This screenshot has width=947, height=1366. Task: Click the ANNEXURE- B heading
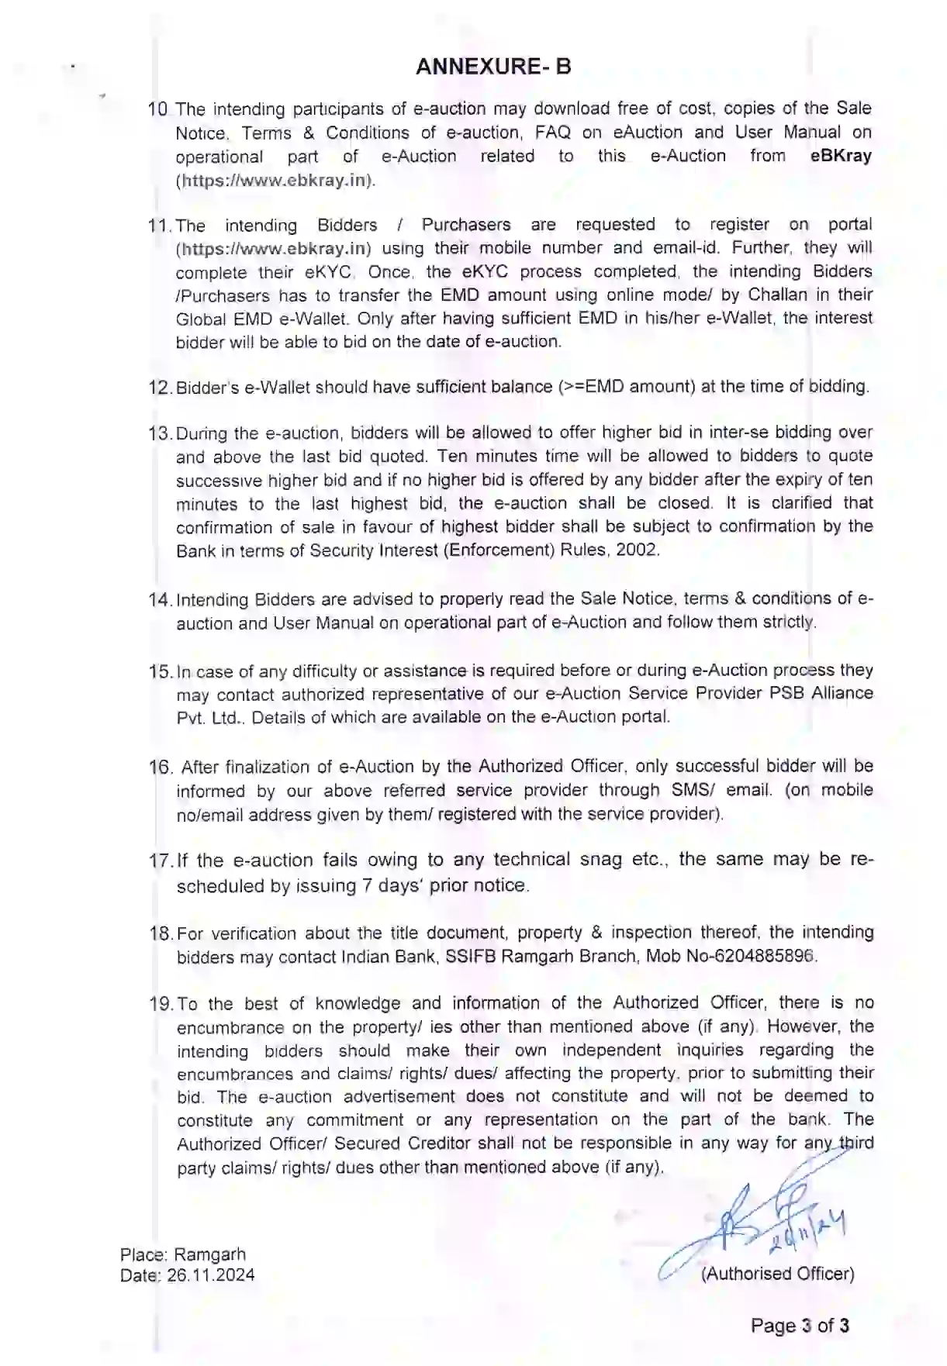pos(493,67)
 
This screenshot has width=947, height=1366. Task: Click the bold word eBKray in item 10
pos(841,156)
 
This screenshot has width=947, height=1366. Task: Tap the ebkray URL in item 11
pos(274,249)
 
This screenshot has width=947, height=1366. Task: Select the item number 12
pos(158,387)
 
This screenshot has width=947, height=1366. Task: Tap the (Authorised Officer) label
pos(777,1274)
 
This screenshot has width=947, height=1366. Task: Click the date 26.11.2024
pos(210,1275)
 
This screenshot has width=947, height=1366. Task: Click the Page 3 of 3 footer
pos(800,1326)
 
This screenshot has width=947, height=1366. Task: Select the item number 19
pos(160,1004)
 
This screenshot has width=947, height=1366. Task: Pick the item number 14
pos(159,599)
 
